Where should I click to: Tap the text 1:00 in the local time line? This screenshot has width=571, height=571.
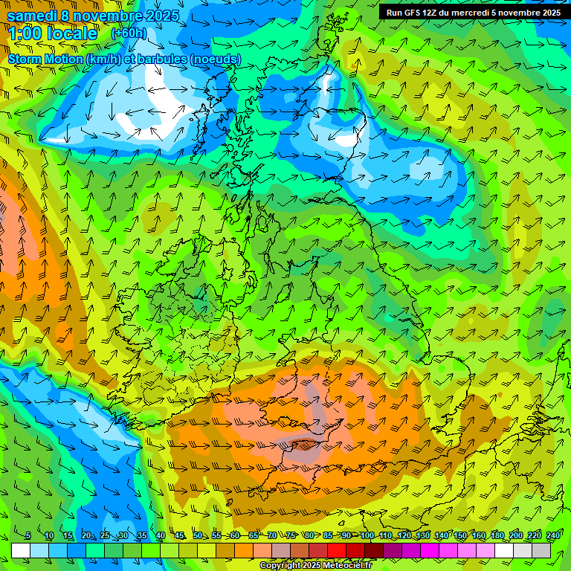click(x=28, y=34)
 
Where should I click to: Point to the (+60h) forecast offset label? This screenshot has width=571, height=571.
click(x=129, y=33)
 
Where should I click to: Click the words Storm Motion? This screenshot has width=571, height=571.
click(x=45, y=59)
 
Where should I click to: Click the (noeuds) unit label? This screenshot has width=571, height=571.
click(x=215, y=59)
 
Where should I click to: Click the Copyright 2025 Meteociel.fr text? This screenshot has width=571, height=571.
click(x=315, y=566)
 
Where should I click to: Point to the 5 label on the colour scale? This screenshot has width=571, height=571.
click(x=28, y=536)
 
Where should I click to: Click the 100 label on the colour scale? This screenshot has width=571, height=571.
click(x=367, y=536)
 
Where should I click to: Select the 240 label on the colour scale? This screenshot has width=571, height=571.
click(x=553, y=536)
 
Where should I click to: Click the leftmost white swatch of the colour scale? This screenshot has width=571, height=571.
click(x=21, y=550)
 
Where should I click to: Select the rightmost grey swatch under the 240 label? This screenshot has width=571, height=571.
click(x=541, y=550)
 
